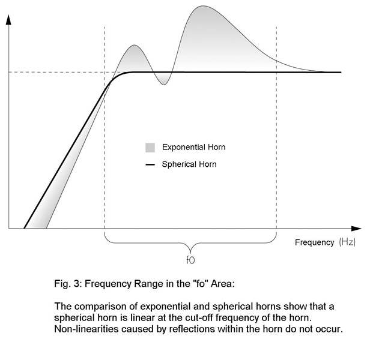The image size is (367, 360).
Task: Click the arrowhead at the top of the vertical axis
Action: pos(8,20)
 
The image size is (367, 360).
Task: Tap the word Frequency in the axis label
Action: pos(314,242)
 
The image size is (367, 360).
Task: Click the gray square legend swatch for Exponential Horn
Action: pos(150,147)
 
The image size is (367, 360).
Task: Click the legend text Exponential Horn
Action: pos(193,147)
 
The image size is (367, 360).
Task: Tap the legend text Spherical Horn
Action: pos(189,163)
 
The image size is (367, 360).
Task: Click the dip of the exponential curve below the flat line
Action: pos(162,84)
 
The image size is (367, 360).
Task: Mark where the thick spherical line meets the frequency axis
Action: pos(24,228)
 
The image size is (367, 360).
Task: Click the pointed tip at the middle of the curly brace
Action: pos(190,251)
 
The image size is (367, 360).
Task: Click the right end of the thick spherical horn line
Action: pos(340,72)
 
